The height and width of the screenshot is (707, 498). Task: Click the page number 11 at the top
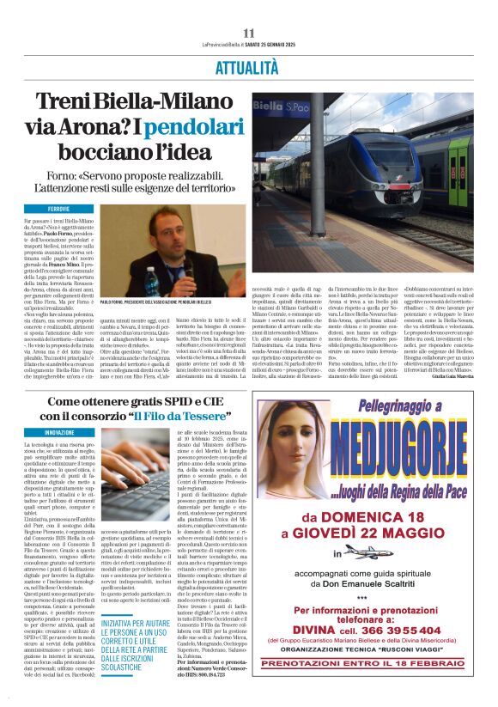click(x=249, y=33)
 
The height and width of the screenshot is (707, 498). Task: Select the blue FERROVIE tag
click(x=59, y=209)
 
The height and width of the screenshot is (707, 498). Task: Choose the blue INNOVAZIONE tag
click(x=59, y=431)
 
